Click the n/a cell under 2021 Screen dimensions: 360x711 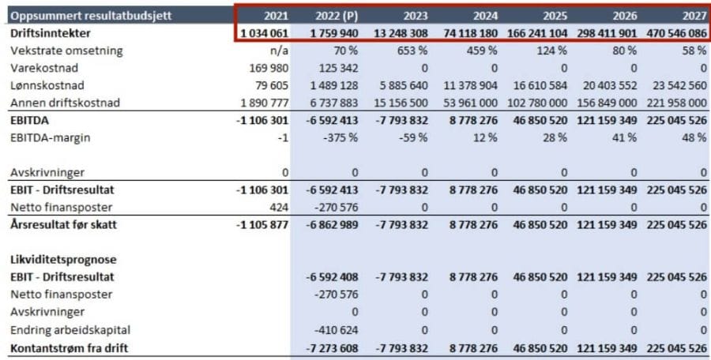pyautogui.click(x=277, y=51)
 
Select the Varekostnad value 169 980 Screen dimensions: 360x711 pyautogui.click(x=269, y=68)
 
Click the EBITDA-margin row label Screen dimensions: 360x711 pyautogui.click(x=51, y=138)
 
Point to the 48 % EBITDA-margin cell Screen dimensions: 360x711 pyautogui.click(x=694, y=138)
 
